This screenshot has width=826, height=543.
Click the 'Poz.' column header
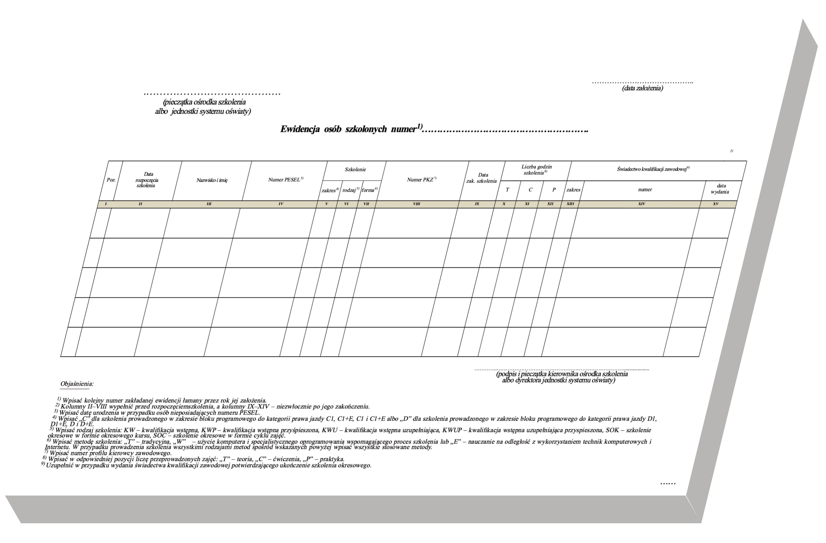111,180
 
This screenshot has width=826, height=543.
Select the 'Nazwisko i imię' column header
212,180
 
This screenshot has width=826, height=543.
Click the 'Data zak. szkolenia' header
482,178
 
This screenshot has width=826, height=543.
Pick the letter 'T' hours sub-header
507,190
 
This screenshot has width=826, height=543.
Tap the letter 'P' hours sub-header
554,190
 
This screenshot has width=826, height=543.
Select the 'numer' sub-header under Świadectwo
645,190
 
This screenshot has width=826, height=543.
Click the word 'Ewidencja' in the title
300,129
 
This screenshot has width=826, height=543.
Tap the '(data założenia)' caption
642,88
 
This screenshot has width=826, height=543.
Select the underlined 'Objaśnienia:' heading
77,384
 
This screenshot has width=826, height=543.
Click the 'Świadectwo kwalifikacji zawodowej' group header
653,169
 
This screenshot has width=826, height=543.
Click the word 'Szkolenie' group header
355,170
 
